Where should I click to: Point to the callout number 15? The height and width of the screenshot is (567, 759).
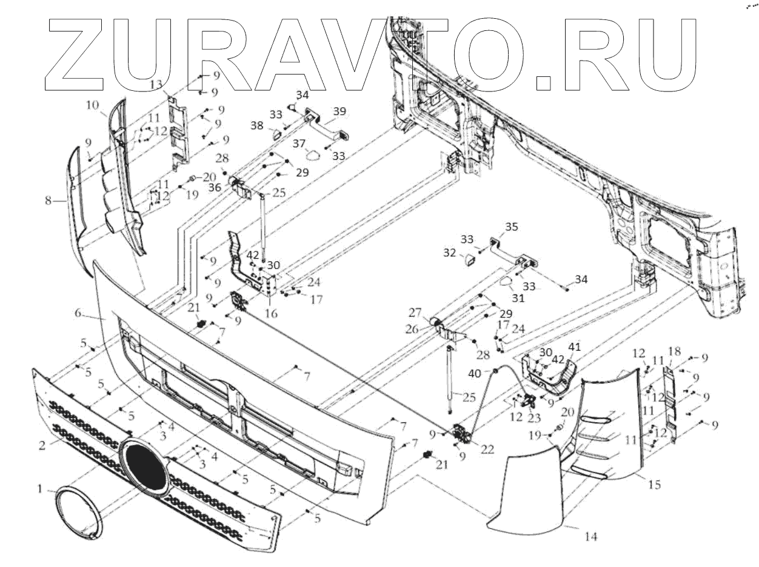(654, 485)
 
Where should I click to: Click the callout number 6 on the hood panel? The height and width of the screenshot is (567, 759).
(78, 313)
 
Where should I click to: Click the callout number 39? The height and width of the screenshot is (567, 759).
(339, 111)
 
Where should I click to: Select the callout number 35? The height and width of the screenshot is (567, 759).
(512, 227)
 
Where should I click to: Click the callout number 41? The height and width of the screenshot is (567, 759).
(574, 347)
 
